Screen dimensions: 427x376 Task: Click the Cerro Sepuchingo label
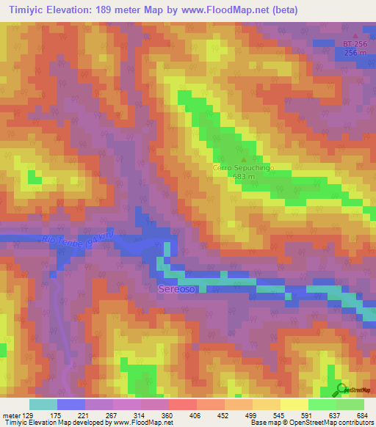tap(242, 168)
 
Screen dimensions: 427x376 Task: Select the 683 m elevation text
tap(243, 177)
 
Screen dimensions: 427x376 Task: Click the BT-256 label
tap(355, 44)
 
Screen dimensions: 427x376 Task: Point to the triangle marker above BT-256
tap(356, 35)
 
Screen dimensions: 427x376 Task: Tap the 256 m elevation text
tap(355, 53)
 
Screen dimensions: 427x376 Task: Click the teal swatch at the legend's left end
tap(43, 404)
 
